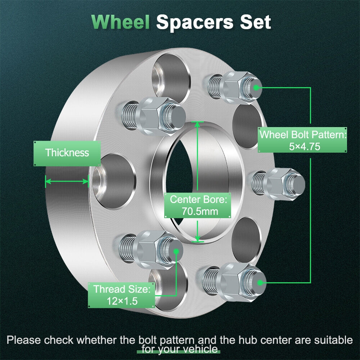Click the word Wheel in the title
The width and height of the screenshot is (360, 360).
120,22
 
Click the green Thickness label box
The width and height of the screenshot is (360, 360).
67,153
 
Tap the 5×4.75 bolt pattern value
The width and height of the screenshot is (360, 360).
302,147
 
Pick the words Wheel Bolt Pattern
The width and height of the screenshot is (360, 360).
302,135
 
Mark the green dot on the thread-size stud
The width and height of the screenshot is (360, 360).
176,251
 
